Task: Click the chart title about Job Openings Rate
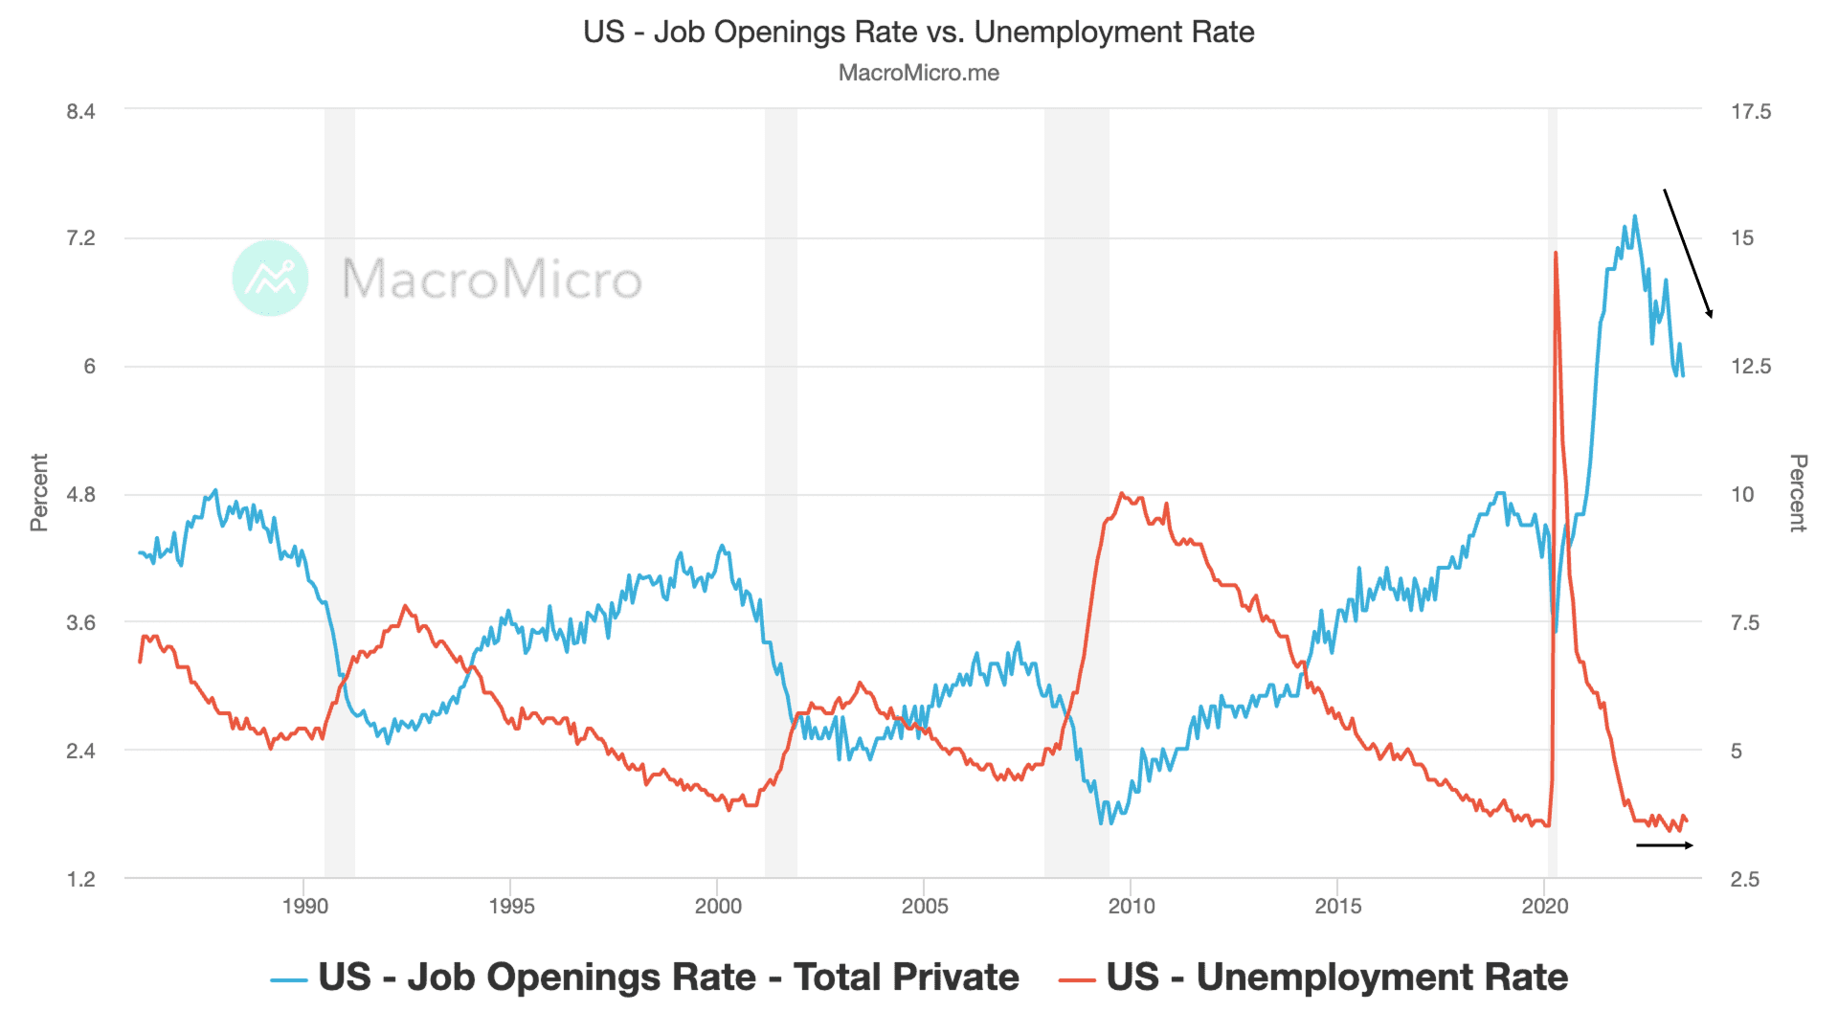pyautogui.click(x=918, y=32)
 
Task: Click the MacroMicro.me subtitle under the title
pyautogui.click(x=918, y=73)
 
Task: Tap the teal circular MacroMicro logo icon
pyautogui.click(x=270, y=279)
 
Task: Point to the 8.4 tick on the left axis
pyautogui.click(x=80, y=111)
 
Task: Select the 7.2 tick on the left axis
pyautogui.click(x=80, y=238)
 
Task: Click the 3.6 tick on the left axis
pyautogui.click(x=80, y=622)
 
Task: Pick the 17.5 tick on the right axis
pyautogui.click(x=1750, y=111)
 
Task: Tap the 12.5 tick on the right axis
pyautogui.click(x=1750, y=367)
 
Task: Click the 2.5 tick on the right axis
pyautogui.click(x=1744, y=879)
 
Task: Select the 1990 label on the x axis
pyautogui.click(x=304, y=906)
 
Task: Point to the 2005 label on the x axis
pyautogui.click(x=924, y=906)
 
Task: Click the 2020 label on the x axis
pyautogui.click(x=1544, y=906)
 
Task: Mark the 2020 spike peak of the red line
pyautogui.click(x=1556, y=254)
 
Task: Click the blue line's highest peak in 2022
pyautogui.click(x=1634, y=216)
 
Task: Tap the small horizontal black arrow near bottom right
pyautogui.click(x=1665, y=845)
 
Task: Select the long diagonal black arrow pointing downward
pyautogui.click(x=1688, y=254)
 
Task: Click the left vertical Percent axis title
pyautogui.click(x=39, y=492)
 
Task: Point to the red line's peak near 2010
pyautogui.click(x=1122, y=494)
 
